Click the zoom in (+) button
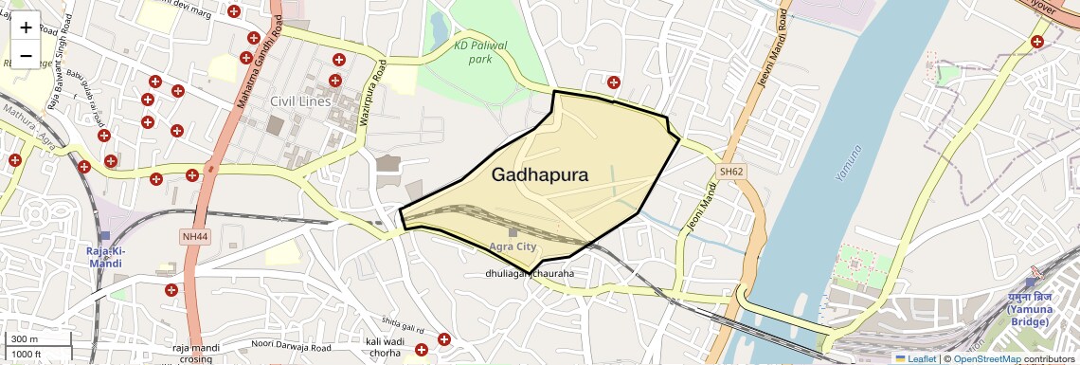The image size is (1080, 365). (26, 27)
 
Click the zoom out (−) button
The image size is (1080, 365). (26, 56)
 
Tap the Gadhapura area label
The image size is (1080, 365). (540, 175)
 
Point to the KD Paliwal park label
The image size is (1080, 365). (481, 52)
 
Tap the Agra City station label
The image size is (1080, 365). (513, 247)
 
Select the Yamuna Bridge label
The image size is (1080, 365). (1028, 309)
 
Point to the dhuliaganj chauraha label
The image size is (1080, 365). (530, 275)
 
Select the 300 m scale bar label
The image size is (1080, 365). (25, 339)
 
